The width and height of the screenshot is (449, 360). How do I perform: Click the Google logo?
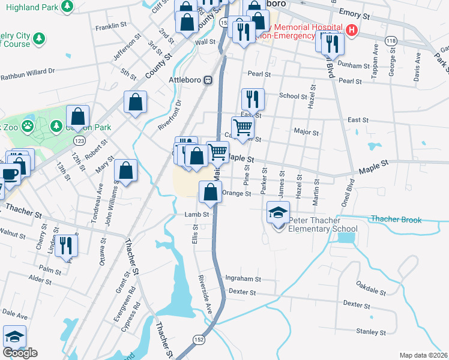pos(20,353)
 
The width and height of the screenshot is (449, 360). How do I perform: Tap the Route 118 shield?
pos(391,40)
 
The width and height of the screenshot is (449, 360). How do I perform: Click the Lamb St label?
pos(196,214)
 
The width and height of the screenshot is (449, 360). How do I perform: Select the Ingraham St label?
pos(243,279)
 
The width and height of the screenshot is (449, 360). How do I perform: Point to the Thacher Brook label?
pos(396,220)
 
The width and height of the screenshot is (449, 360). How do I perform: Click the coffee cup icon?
pos(9,173)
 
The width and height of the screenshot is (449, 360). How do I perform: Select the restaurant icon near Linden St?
pos(66,245)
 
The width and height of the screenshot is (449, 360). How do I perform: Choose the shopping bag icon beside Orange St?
pos(210,193)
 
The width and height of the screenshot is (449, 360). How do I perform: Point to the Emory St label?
pos(355,13)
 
